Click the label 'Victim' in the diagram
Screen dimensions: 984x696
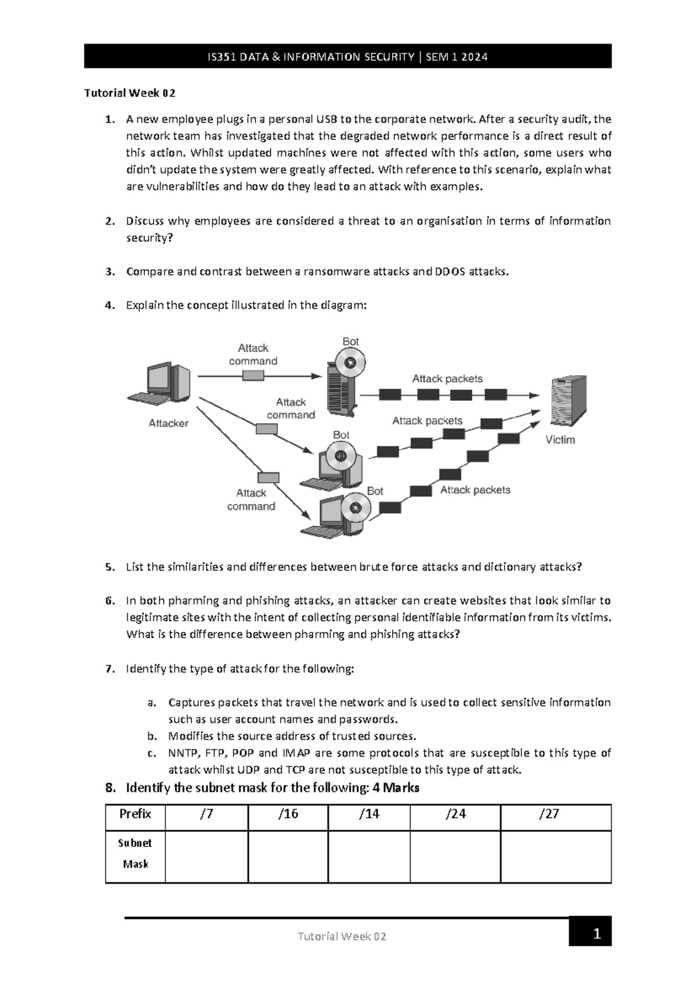pos(560,440)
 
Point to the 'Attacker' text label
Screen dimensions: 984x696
pos(168,424)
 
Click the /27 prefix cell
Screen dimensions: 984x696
pos(549,814)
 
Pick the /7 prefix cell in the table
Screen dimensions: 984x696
pos(206,814)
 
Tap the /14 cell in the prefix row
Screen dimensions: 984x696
pos(369,814)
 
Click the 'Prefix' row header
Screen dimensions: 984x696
pos(135,814)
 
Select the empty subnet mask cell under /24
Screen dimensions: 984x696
pos(455,856)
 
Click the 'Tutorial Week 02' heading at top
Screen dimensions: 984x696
pos(130,93)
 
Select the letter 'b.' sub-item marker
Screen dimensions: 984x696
pos(152,736)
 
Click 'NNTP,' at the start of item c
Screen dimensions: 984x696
pos(183,753)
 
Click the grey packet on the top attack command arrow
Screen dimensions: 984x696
pos(253,376)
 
